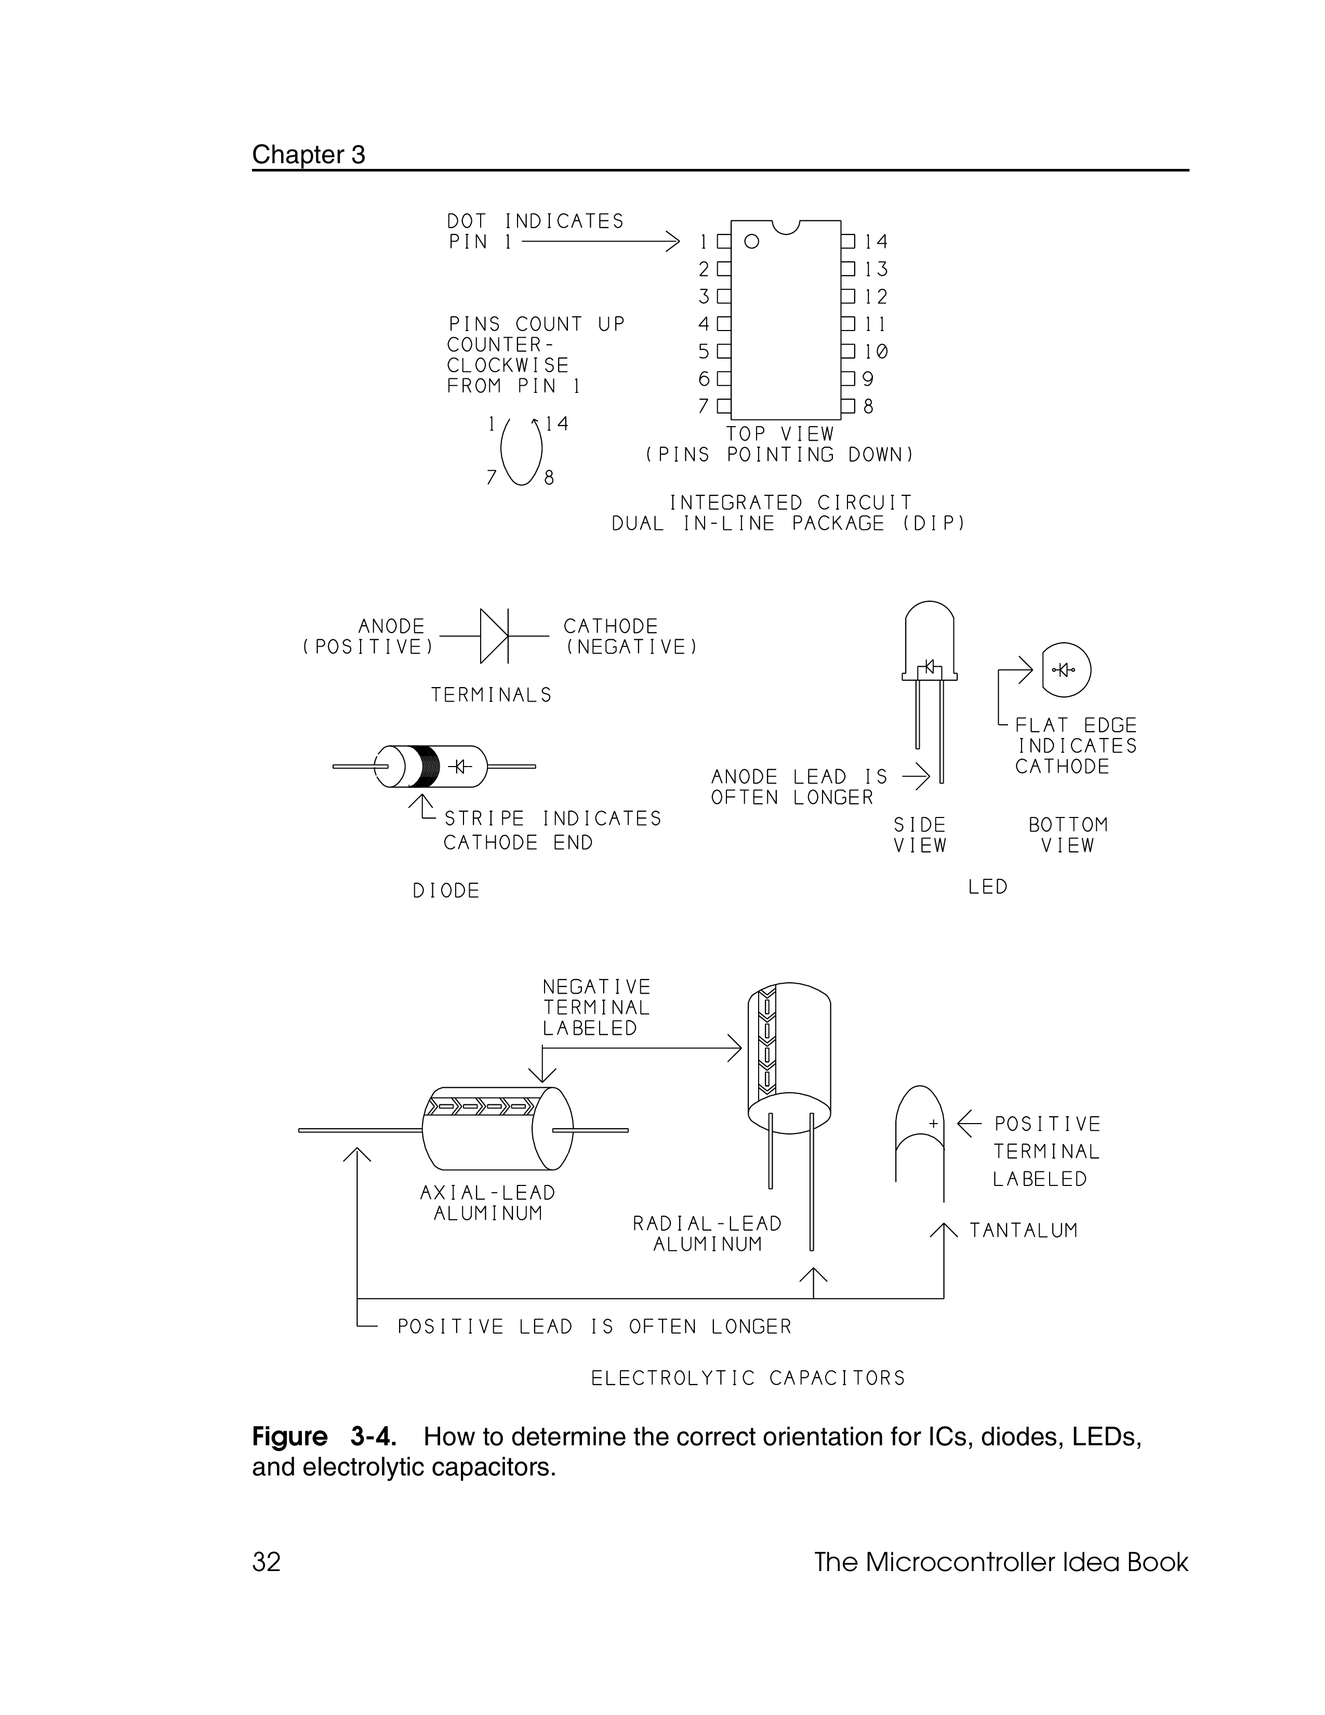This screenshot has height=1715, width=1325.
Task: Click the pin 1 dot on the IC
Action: click(752, 242)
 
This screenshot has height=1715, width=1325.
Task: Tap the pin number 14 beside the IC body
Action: click(876, 242)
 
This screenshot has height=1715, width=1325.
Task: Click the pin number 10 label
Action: click(876, 352)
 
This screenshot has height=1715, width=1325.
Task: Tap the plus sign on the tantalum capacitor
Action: click(933, 1124)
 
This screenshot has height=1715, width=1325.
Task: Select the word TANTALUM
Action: click(1024, 1231)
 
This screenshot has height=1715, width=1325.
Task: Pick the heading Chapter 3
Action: click(309, 155)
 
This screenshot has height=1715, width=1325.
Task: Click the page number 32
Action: click(266, 1563)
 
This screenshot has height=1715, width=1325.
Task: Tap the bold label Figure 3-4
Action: click(323, 1437)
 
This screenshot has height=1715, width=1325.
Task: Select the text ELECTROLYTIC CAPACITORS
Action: click(748, 1378)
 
